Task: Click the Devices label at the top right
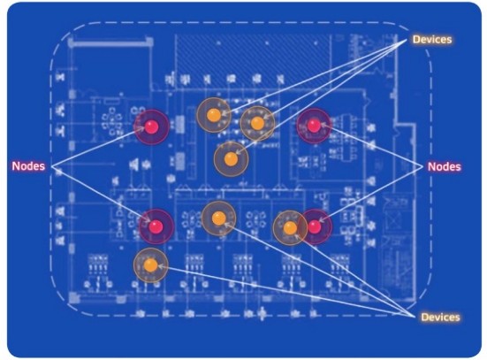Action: (432, 40)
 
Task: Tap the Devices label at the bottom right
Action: (440, 317)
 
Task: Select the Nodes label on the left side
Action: (28, 166)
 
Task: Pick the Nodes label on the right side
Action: (445, 166)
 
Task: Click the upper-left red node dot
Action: (151, 126)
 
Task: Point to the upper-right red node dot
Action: (314, 126)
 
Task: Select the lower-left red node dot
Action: (156, 226)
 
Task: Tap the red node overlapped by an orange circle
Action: (315, 226)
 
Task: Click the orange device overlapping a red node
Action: (290, 228)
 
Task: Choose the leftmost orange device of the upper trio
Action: (214, 115)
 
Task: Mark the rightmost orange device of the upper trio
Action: (257, 124)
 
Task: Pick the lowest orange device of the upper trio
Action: (231, 159)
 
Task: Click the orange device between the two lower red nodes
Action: (219, 218)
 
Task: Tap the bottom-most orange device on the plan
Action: (151, 265)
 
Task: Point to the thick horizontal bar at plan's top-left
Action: (110, 43)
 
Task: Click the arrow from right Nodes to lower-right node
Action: (370, 195)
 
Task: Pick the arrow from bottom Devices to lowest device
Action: (286, 291)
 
